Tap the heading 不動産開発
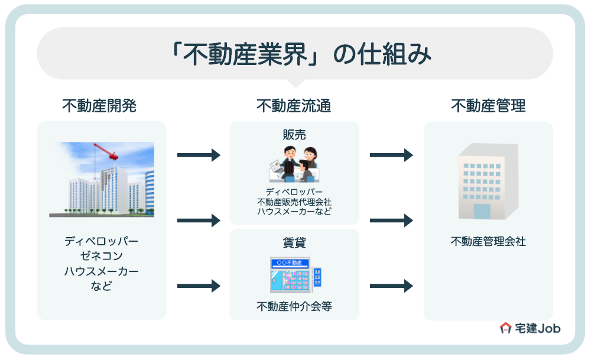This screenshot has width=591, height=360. (99, 106)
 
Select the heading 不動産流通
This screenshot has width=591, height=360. (294, 106)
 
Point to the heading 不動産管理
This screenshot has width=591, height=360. (488, 106)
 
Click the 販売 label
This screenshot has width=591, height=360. (294, 135)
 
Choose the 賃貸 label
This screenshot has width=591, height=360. (294, 243)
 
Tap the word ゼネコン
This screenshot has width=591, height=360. (102, 257)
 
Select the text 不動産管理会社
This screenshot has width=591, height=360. (488, 242)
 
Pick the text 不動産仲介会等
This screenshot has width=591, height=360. (294, 306)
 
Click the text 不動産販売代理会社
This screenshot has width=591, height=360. (294, 202)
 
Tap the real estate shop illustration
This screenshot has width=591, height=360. (294, 274)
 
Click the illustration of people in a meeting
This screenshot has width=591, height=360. (294, 164)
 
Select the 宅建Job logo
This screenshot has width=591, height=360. (530, 328)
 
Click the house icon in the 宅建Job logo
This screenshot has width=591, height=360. (506, 328)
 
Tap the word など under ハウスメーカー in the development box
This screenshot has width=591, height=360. (102, 286)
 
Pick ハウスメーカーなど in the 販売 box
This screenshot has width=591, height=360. (294, 212)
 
